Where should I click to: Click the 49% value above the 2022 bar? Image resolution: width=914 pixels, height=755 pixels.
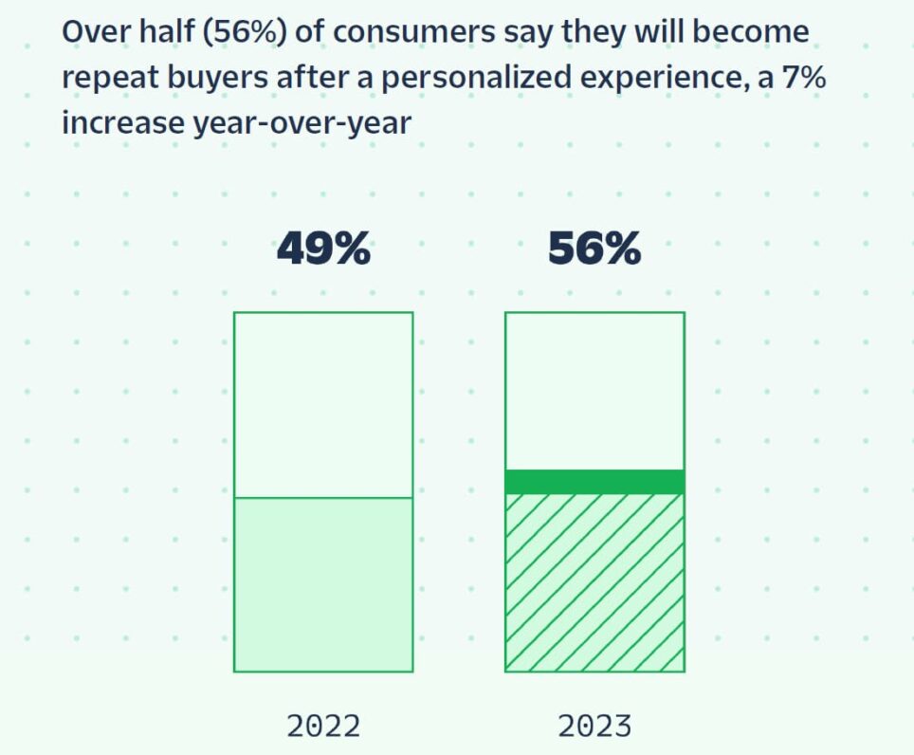(323, 249)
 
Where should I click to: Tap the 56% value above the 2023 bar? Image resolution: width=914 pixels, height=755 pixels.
(594, 249)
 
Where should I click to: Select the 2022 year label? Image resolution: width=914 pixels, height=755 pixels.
(323, 727)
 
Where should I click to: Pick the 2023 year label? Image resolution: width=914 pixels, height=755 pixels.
(594, 727)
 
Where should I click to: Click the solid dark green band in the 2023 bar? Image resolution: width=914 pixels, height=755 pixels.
(594, 481)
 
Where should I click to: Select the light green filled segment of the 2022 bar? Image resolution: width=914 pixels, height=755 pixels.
(323, 583)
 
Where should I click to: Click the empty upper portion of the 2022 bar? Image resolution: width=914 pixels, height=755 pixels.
(323, 404)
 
